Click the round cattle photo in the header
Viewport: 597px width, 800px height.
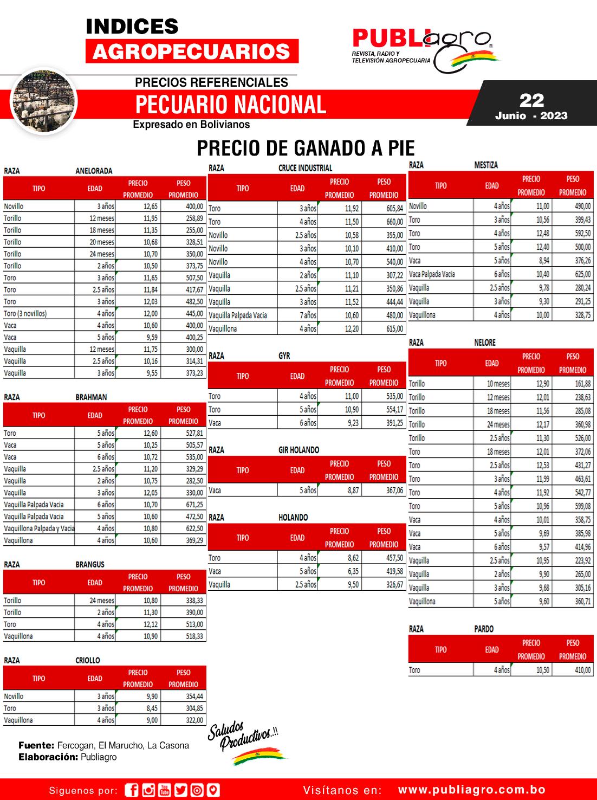click(x=44, y=101)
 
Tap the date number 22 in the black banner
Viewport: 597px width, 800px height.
click(x=531, y=100)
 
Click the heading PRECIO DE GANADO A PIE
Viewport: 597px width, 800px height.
click(x=306, y=148)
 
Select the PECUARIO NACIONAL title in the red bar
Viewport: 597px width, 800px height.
click(x=231, y=104)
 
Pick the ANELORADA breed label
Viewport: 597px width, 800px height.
click(x=94, y=171)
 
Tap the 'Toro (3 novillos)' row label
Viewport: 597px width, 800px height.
click(x=25, y=314)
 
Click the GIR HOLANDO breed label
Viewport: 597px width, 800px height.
click(x=298, y=450)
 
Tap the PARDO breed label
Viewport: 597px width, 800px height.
click(x=483, y=629)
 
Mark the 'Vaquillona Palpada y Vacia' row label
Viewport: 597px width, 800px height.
click(x=39, y=528)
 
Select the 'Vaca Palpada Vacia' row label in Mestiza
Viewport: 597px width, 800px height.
click(x=432, y=274)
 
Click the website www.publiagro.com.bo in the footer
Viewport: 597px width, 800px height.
click(x=471, y=790)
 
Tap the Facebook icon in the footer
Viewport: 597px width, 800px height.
click(x=131, y=790)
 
